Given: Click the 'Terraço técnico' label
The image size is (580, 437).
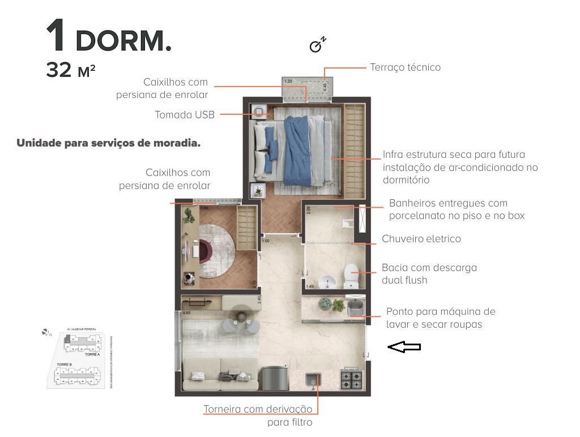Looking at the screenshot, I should (405, 67).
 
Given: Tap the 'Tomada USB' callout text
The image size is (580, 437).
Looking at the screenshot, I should (185, 115).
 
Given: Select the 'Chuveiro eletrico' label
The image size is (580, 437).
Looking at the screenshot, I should (421, 239).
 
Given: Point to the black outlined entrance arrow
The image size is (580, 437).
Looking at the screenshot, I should (404, 348).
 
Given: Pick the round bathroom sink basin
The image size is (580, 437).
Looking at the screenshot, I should (325, 280).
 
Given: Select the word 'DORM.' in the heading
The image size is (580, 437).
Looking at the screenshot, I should (123, 40).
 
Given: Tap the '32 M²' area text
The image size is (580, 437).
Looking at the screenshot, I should (70, 71).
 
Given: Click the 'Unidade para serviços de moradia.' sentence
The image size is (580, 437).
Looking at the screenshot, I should (108, 143).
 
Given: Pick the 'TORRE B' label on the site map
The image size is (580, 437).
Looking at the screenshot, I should (64, 365).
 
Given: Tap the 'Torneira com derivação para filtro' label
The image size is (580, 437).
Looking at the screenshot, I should (258, 415).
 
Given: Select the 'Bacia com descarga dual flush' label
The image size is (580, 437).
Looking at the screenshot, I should (429, 273).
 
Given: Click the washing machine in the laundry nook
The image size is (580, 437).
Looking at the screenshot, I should (356, 309).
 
